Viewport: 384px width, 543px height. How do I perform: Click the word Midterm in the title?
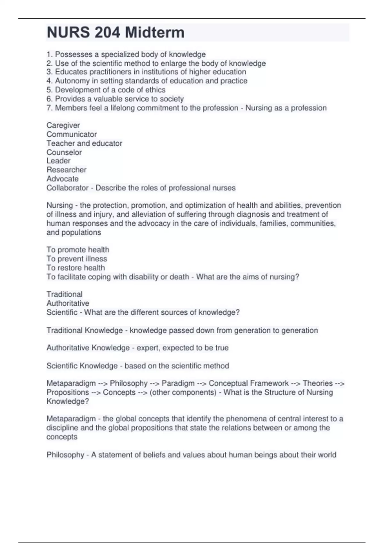155,33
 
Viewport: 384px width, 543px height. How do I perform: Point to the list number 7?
49,108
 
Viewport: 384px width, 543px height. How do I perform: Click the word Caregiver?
63,125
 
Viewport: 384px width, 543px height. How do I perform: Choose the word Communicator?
71,134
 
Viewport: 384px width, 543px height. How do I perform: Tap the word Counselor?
64,152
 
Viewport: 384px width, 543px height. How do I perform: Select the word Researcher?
66,170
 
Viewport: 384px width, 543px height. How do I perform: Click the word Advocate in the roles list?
62,179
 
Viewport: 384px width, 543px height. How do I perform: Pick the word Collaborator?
67,188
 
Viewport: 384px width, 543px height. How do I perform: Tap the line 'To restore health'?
76,268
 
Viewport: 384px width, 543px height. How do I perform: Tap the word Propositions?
68,392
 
